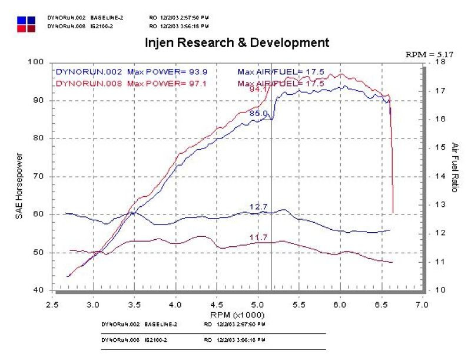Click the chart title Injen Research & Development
(x=237, y=43)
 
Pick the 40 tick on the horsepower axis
(x=39, y=290)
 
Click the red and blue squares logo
(x=26, y=24)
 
